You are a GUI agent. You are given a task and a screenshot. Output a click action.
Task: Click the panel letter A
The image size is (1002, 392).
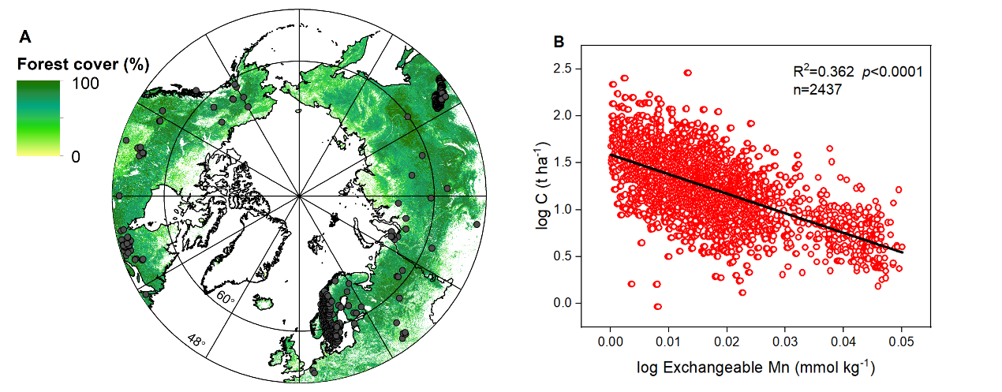coord(25,36)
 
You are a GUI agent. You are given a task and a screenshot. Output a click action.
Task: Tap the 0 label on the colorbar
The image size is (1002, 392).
coord(76,156)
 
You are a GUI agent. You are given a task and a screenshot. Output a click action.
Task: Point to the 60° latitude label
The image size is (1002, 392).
coord(226,298)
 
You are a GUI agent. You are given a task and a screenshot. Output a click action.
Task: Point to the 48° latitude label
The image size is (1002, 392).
coord(196,341)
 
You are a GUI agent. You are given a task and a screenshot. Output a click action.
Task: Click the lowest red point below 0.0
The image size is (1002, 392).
coord(657,307)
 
